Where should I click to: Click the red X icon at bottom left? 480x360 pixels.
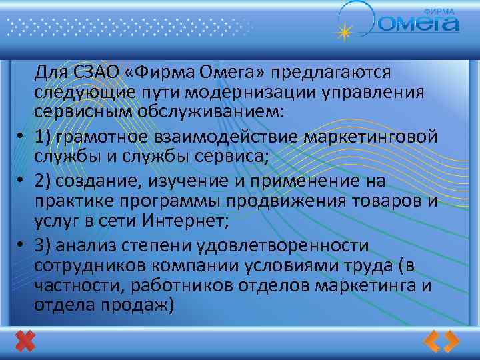point(25,341)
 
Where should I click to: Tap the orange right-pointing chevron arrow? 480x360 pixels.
point(451,341)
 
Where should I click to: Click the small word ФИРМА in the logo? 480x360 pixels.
point(441,11)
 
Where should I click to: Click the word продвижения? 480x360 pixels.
point(299,201)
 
